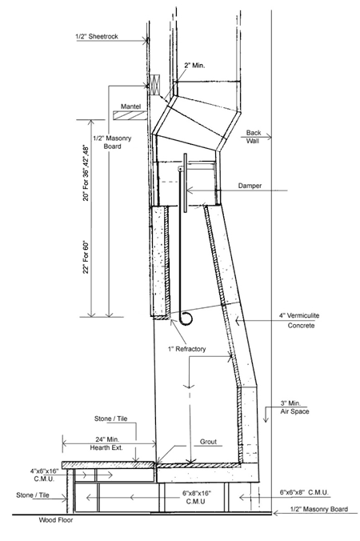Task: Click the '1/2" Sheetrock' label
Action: [x=97, y=36]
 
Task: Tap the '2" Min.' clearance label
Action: [x=194, y=65]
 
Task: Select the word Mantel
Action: [x=130, y=106]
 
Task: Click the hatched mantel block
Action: [x=130, y=115]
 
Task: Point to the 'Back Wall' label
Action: [x=254, y=137]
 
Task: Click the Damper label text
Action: [x=250, y=186]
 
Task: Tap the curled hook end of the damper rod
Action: [x=186, y=319]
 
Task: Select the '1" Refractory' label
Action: [x=187, y=349]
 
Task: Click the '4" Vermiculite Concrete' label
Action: [x=299, y=320]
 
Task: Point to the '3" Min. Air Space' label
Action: [x=294, y=407]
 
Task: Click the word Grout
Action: [x=208, y=442]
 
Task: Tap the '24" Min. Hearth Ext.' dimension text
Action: [x=107, y=443]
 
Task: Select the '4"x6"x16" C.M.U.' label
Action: [x=45, y=475]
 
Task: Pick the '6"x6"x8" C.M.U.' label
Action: [x=304, y=492]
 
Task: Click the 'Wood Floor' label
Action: [x=55, y=520]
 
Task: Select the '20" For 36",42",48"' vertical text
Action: [x=86, y=173]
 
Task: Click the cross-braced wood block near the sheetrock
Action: [x=155, y=85]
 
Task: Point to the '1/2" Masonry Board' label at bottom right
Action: [x=318, y=509]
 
